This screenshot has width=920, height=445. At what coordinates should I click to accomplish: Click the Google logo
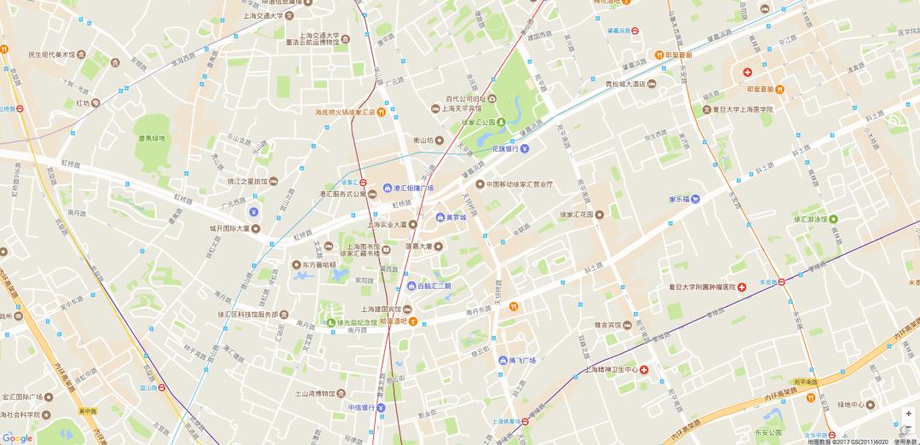coord(17,437)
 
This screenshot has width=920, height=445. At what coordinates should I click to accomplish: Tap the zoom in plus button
coord(908,413)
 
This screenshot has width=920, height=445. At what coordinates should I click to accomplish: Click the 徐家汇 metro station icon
coord(364,182)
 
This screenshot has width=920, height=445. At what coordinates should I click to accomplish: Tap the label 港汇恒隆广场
coord(413,188)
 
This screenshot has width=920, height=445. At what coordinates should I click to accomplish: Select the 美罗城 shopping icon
coord(440,217)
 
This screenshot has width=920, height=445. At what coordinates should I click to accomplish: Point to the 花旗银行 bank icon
coord(525,148)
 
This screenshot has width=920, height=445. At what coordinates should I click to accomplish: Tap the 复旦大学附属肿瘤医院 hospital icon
coord(742,286)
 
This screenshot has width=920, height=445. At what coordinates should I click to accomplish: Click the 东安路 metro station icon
coord(781,281)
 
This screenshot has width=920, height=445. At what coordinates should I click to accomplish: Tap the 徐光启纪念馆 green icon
coord(331,322)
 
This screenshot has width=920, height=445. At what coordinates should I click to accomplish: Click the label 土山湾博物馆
coord(312,393)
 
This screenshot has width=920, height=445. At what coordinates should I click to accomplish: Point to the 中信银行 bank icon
coord(382,407)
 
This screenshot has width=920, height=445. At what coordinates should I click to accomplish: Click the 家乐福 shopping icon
coord(695,199)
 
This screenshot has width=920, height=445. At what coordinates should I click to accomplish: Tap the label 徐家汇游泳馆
coord(801,219)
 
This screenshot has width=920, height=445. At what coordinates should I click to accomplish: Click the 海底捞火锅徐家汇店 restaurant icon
coord(382,112)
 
